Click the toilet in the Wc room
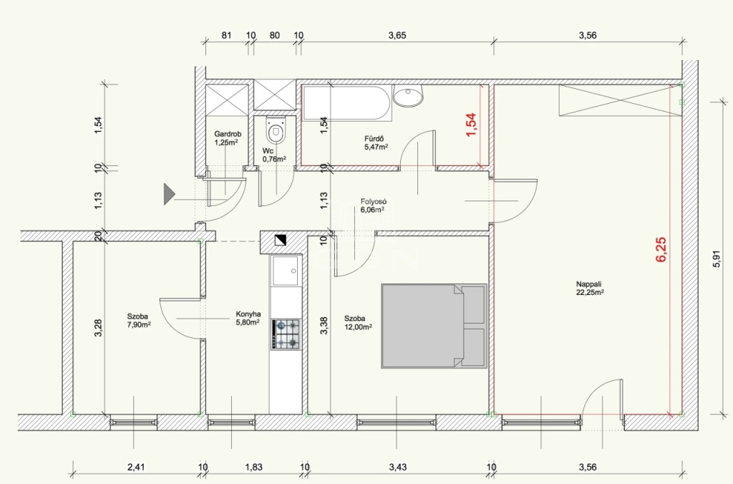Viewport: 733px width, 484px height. (x=275, y=130)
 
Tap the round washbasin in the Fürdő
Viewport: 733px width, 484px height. (x=408, y=96)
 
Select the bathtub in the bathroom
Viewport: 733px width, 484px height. (x=346, y=103)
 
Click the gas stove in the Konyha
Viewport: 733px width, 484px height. (x=286, y=334)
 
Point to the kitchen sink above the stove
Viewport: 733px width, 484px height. (x=286, y=271)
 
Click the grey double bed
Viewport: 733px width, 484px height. (x=434, y=326)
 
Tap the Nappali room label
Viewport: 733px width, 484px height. (x=588, y=284)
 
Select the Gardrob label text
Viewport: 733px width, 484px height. (x=228, y=134)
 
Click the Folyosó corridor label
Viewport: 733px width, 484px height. (x=373, y=202)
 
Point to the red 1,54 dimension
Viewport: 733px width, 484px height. (x=471, y=125)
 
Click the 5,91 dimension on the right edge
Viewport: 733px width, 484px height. (x=717, y=258)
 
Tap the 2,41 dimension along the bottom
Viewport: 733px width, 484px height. (x=136, y=467)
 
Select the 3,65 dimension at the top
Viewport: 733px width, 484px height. (x=397, y=35)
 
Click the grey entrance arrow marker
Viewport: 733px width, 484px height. (x=169, y=194)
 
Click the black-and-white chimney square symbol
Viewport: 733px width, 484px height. (x=281, y=240)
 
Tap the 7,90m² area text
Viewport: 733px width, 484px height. (x=139, y=324)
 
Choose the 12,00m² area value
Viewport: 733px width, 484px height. (x=358, y=327)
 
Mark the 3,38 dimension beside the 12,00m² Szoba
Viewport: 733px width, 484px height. (x=324, y=326)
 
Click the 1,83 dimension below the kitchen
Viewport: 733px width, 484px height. (x=254, y=467)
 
